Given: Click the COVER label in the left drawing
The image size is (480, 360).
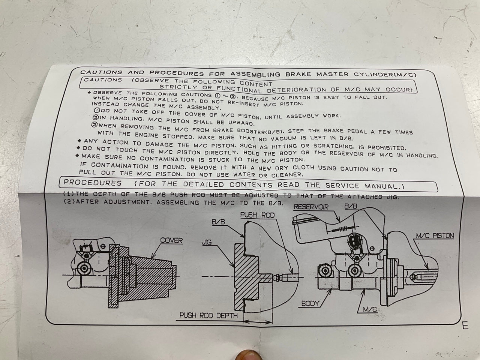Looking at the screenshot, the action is point(171,240).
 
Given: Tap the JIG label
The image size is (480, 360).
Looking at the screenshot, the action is point(206,242).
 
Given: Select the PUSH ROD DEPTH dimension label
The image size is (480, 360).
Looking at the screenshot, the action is point(208,315).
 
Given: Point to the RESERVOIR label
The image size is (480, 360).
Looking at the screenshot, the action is point(311,207).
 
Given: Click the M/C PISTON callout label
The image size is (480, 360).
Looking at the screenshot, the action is point(435,235).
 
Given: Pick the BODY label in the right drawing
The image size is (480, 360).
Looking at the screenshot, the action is point(310,303).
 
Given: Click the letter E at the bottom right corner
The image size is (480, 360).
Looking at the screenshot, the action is point(465,326).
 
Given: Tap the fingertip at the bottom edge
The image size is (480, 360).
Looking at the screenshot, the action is point(248,355).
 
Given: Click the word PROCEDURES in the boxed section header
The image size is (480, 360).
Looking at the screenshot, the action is point(93,183).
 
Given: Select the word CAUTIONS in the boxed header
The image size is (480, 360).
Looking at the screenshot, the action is point(103,80).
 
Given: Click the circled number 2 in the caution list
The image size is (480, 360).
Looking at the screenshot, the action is point(96,118).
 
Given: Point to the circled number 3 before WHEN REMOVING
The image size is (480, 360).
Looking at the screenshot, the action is point(94,125).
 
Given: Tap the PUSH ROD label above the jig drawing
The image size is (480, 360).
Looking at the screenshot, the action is point(257,215).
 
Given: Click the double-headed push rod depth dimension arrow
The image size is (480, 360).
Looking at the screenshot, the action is point(258,322).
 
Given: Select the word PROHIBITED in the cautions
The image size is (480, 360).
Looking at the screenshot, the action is point(387,148).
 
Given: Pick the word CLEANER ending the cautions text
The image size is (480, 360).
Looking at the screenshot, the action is point(287,175).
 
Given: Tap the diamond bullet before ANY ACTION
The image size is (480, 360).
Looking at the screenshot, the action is point(79,141).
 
